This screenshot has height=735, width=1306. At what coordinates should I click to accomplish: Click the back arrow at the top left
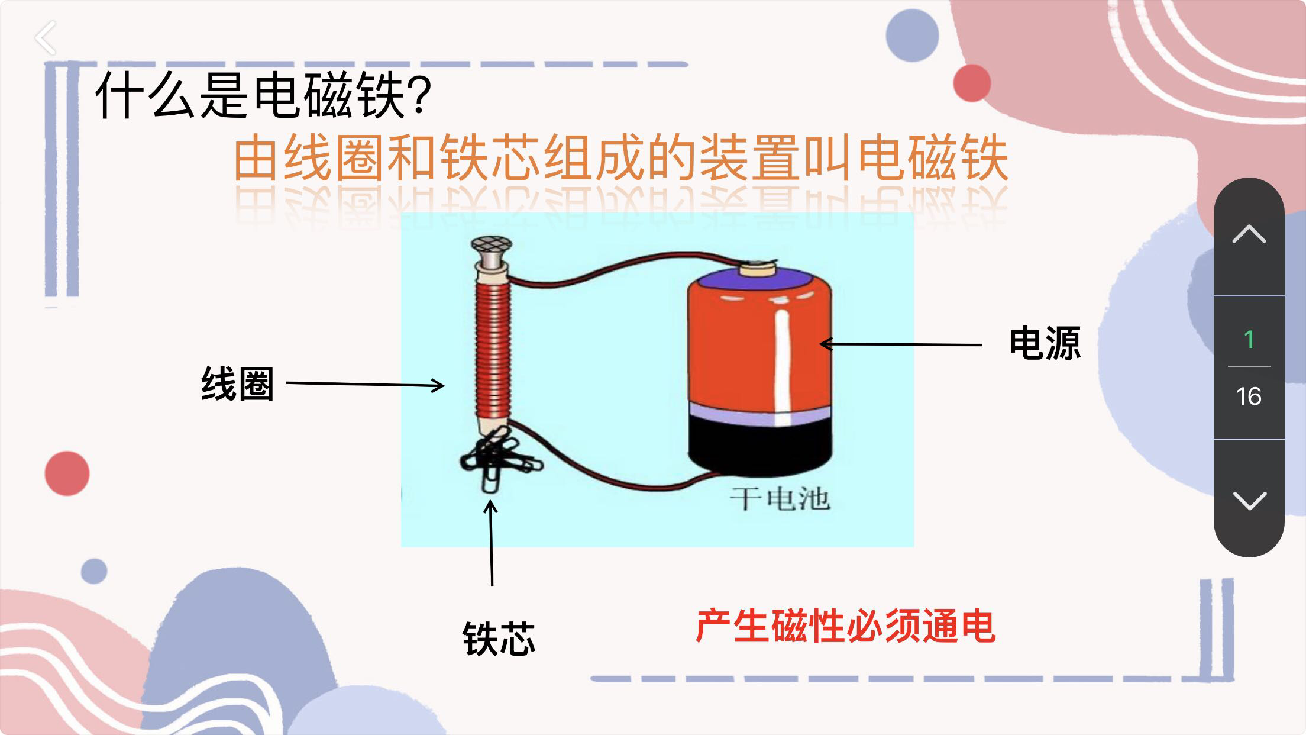46,38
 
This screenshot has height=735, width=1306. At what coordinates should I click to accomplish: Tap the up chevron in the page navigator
1249,234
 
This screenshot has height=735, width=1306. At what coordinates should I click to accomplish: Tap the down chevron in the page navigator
1249,500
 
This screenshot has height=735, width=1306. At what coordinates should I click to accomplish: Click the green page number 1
1249,340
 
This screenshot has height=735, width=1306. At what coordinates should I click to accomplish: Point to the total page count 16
1249,396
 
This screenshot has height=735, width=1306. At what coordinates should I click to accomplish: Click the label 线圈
238,384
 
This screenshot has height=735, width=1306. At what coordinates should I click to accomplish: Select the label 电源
1045,343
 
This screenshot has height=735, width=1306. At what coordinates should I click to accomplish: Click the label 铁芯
499,639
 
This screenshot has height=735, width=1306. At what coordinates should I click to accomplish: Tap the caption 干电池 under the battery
780,499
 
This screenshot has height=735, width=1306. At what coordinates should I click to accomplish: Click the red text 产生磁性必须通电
845,626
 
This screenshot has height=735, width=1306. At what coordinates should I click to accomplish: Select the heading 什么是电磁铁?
263,95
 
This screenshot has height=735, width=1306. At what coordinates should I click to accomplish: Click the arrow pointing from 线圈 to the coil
365,385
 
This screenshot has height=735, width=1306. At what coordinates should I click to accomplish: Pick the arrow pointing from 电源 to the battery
901,344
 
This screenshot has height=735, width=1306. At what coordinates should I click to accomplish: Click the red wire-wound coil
492,349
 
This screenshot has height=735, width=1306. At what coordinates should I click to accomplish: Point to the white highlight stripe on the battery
783,367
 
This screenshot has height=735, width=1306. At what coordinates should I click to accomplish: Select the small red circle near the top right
972,83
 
